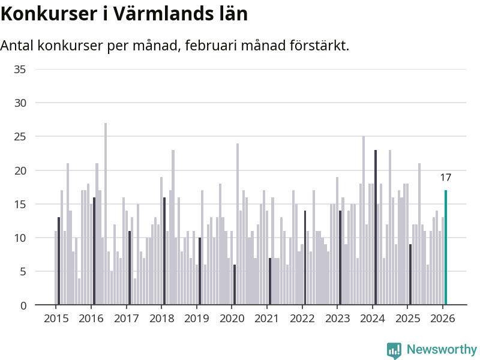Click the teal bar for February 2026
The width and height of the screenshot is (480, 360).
coord(446,247)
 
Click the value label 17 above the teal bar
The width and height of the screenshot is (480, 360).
coord(445,178)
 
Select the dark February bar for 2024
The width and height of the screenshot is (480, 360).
coord(376,227)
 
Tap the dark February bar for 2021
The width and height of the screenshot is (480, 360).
coord(270,281)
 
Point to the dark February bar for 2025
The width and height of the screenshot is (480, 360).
coord(410,274)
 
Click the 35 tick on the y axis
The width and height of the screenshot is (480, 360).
coord(20,70)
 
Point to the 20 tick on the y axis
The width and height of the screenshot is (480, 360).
coord(20,170)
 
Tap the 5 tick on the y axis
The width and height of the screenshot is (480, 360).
coord(23,272)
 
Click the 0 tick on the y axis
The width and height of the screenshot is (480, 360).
coord(23,305)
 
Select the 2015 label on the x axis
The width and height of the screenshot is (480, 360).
coord(56,319)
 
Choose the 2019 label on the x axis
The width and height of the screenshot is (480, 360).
coord(196,319)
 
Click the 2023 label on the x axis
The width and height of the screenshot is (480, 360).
coord(337,319)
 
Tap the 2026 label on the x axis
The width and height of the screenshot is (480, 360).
coord(443,319)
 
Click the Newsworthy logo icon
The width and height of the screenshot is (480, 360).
coord(394,350)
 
